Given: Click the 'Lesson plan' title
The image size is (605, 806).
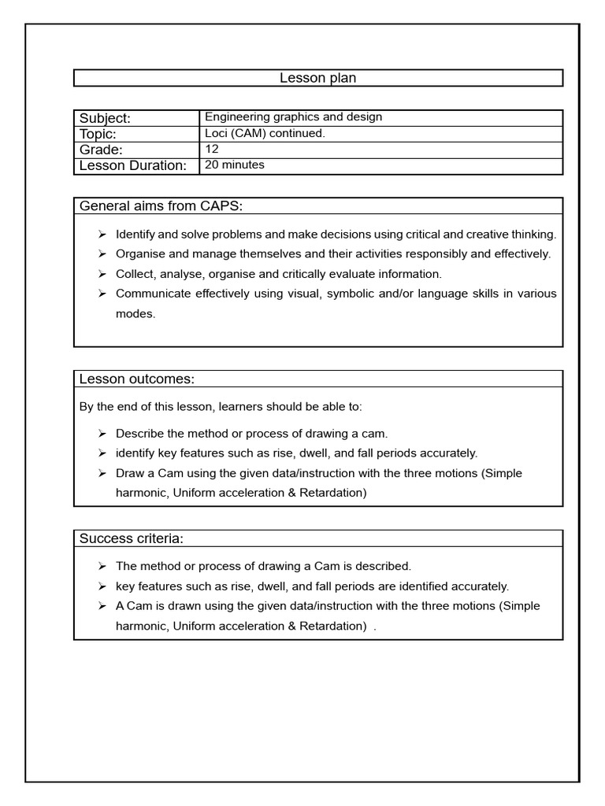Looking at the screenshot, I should (x=318, y=77).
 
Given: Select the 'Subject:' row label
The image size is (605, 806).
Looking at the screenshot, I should (x=105, y=118).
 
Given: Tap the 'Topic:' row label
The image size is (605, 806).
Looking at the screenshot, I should (x=98, y=134).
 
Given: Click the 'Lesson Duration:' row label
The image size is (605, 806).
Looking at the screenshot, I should (x=132, y=165).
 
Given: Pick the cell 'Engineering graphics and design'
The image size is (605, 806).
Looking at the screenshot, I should (x=293, y=117).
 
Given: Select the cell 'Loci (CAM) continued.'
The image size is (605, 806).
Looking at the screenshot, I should (x=264, y=133).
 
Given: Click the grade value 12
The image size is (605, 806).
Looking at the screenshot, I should (x=212, y=149).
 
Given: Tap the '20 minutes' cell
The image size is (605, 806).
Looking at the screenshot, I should (x=234, y=165).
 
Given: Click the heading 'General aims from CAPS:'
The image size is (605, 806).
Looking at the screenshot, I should (x=161, y=206).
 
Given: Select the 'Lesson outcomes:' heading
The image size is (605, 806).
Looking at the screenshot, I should (x=137, y=379).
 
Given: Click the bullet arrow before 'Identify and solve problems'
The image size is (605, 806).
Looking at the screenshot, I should (x=102, y=235).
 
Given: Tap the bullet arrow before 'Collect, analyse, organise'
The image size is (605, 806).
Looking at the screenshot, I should (x=102, y=274).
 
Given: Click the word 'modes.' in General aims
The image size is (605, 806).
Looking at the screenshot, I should (x=135, y=313).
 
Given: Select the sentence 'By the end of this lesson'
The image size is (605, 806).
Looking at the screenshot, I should (x=221, y=407).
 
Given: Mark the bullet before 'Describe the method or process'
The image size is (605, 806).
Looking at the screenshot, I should (x=102, y=434).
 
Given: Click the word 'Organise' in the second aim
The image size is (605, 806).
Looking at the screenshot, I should (x=139, y=253).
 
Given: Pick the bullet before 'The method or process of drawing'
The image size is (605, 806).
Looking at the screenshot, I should (x=102, y=566).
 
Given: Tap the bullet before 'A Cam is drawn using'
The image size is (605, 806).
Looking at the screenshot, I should (x=102, y=606).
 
